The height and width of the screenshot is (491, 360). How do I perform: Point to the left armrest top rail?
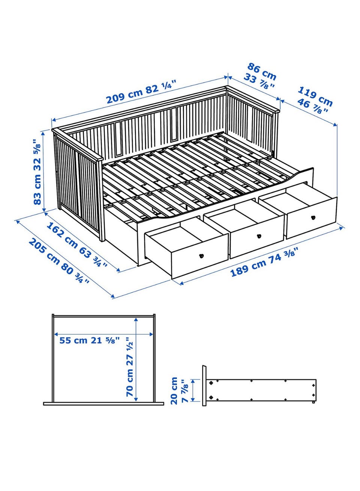(x=77, y=145)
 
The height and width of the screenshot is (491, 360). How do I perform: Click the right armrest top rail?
(x=253, y=99)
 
